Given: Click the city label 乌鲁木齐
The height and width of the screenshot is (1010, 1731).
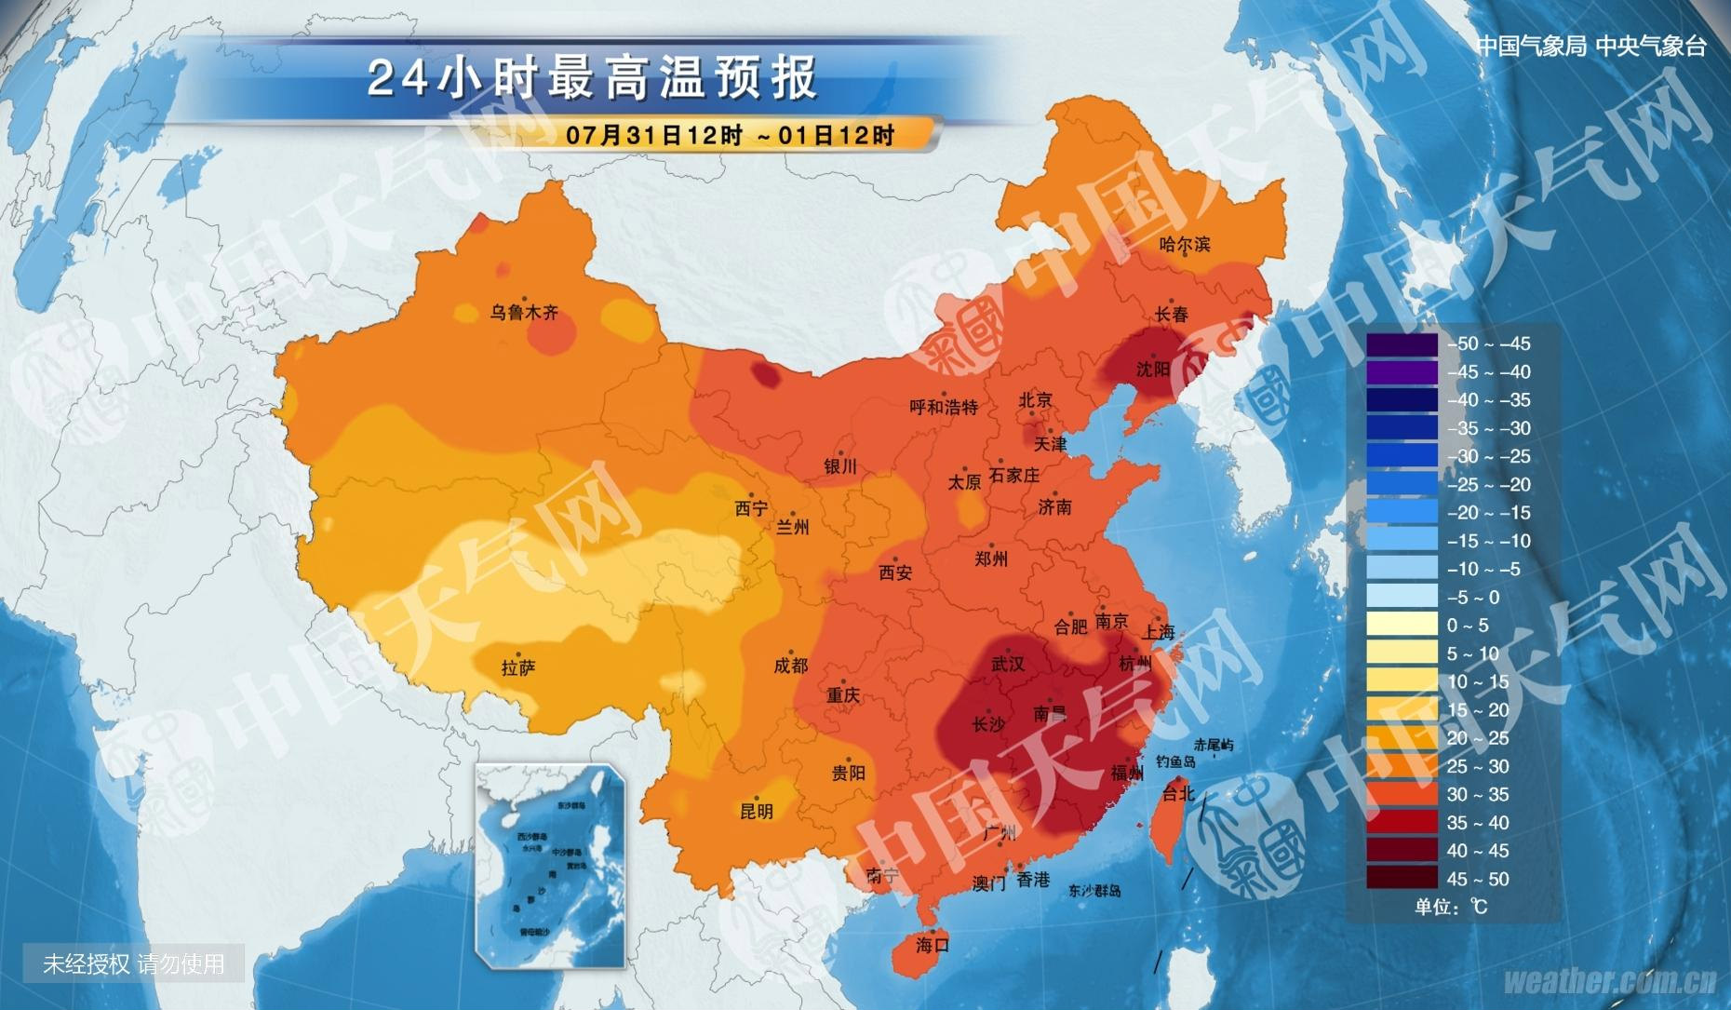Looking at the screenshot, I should [524, 313].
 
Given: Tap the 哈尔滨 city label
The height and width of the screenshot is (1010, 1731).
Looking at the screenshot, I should [1185, 245].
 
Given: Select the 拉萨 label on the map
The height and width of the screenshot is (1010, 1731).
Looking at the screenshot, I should [517, 667].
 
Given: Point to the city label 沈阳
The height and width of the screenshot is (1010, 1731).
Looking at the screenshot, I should [1152, 370].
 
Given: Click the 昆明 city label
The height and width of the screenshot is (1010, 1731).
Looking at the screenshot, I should [756, 811].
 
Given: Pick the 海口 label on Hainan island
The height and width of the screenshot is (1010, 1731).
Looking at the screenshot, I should [932, 945].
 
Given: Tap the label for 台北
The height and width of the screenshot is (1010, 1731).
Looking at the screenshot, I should [1177, 793].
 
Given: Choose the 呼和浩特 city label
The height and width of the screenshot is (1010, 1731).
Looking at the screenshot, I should [944, 407].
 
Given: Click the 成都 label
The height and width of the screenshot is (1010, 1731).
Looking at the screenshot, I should [790, 666].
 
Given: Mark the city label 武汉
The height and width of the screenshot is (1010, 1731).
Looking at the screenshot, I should [1008, 664].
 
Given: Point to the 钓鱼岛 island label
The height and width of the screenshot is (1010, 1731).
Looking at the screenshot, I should [1175, 761].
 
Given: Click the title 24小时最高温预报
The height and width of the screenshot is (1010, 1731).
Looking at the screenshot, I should [592, 77].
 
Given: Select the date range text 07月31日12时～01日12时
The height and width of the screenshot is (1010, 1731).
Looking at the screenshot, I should [730, 135].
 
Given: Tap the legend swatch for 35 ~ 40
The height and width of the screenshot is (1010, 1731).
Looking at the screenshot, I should [1402, 822].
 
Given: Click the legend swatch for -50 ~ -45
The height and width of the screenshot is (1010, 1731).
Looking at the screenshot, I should [1402, 343].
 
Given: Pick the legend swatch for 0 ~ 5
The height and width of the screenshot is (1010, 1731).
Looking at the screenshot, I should [1402, 625].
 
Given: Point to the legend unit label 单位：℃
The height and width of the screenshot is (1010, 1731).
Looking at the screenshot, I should [1451, 907].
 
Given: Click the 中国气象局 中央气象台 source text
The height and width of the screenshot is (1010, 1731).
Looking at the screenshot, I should [1591, 47].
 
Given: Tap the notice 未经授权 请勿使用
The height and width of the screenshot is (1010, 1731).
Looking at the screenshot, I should [133, 963].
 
